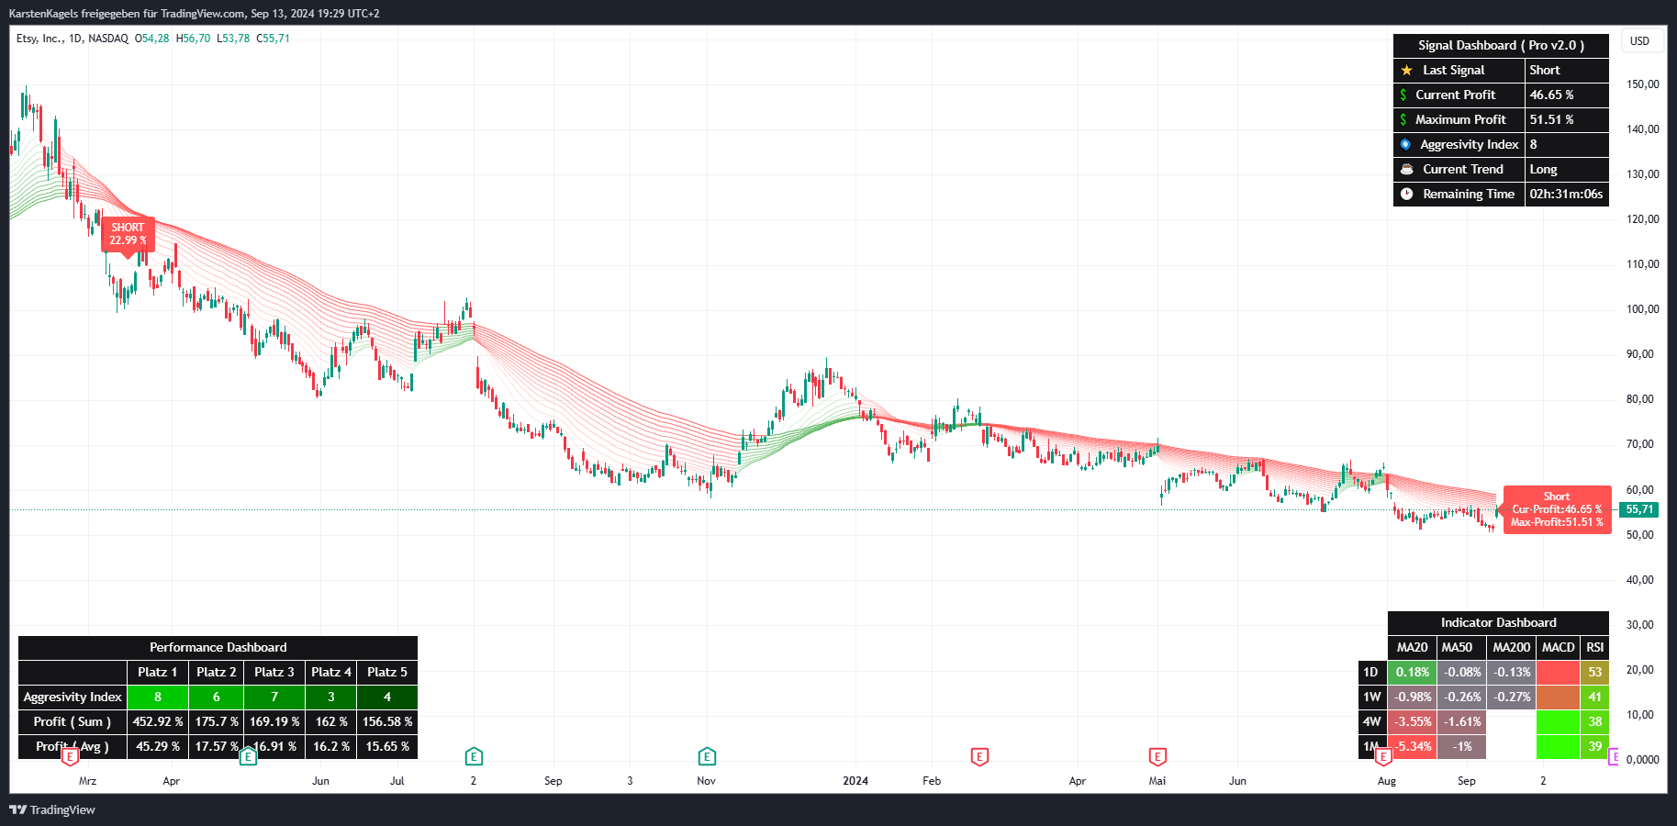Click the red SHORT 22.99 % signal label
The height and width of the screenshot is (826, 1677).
coord(128,234)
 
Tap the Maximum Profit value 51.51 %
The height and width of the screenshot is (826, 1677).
coord(1551,119)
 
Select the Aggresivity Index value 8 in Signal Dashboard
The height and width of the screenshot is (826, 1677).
coord(1533,144)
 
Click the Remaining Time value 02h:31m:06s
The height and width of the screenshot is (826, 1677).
coord(1566,194)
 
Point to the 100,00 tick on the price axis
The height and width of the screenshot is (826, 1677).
coord(1642,309)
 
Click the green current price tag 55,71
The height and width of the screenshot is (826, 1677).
coord(1639,509)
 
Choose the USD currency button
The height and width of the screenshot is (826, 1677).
coord(1639,41)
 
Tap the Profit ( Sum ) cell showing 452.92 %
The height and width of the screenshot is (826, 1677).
coord(157,721)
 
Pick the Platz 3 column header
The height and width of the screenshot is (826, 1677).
coord(274,672)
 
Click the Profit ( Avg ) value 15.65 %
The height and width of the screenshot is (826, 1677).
coord(387,746)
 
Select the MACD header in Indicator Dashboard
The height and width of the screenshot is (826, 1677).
coord(1558,647)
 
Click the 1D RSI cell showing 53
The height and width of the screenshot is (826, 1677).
coord(1595,672)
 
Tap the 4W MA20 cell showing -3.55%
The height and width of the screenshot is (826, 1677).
coord(1412,721)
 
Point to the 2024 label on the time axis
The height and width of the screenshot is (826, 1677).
coord(855,781)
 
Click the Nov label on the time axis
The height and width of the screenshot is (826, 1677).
coord(706,781)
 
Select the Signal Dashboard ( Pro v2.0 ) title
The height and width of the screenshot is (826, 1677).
coord(1501,45)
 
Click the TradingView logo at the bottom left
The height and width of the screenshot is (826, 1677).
coord(52,809)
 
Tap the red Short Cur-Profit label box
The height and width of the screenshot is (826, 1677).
coord(1557,509)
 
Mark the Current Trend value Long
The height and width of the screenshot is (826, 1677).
coord(1543,169)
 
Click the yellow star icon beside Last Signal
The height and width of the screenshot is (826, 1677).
coord(1406,70)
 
